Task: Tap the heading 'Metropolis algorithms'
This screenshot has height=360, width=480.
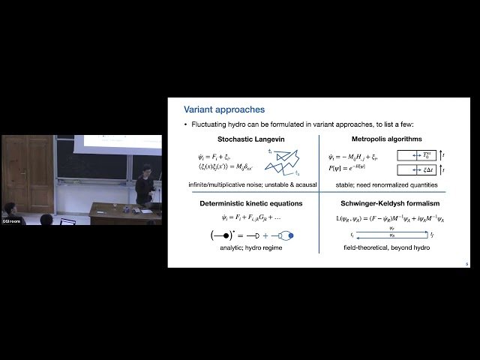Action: click(386, 139)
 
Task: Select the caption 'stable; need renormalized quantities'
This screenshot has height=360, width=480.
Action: click(386, 184)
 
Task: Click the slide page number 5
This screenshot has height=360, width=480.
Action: click(466, 263)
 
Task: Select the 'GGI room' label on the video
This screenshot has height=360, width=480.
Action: click(10, 221)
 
